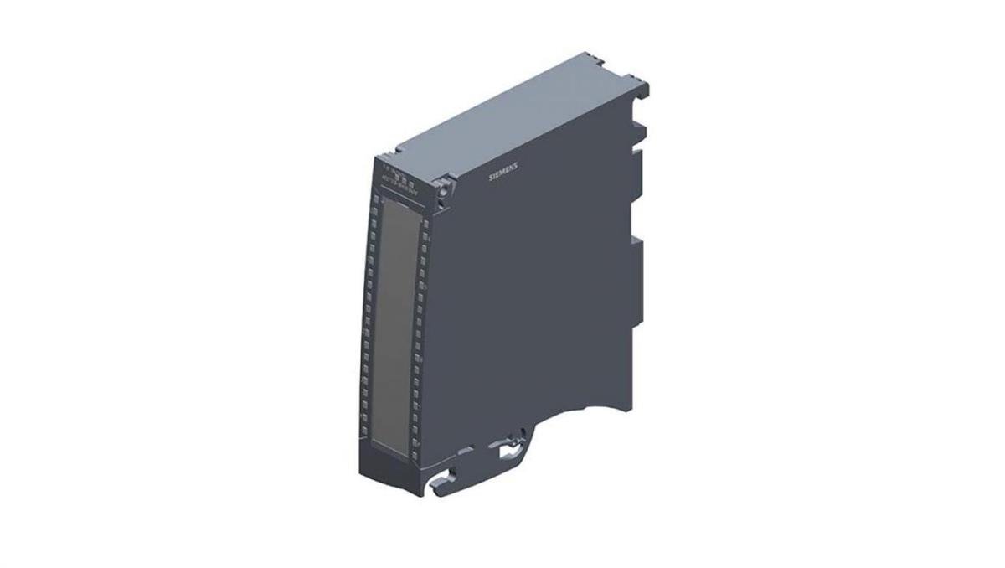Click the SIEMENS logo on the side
pos(503,169)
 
